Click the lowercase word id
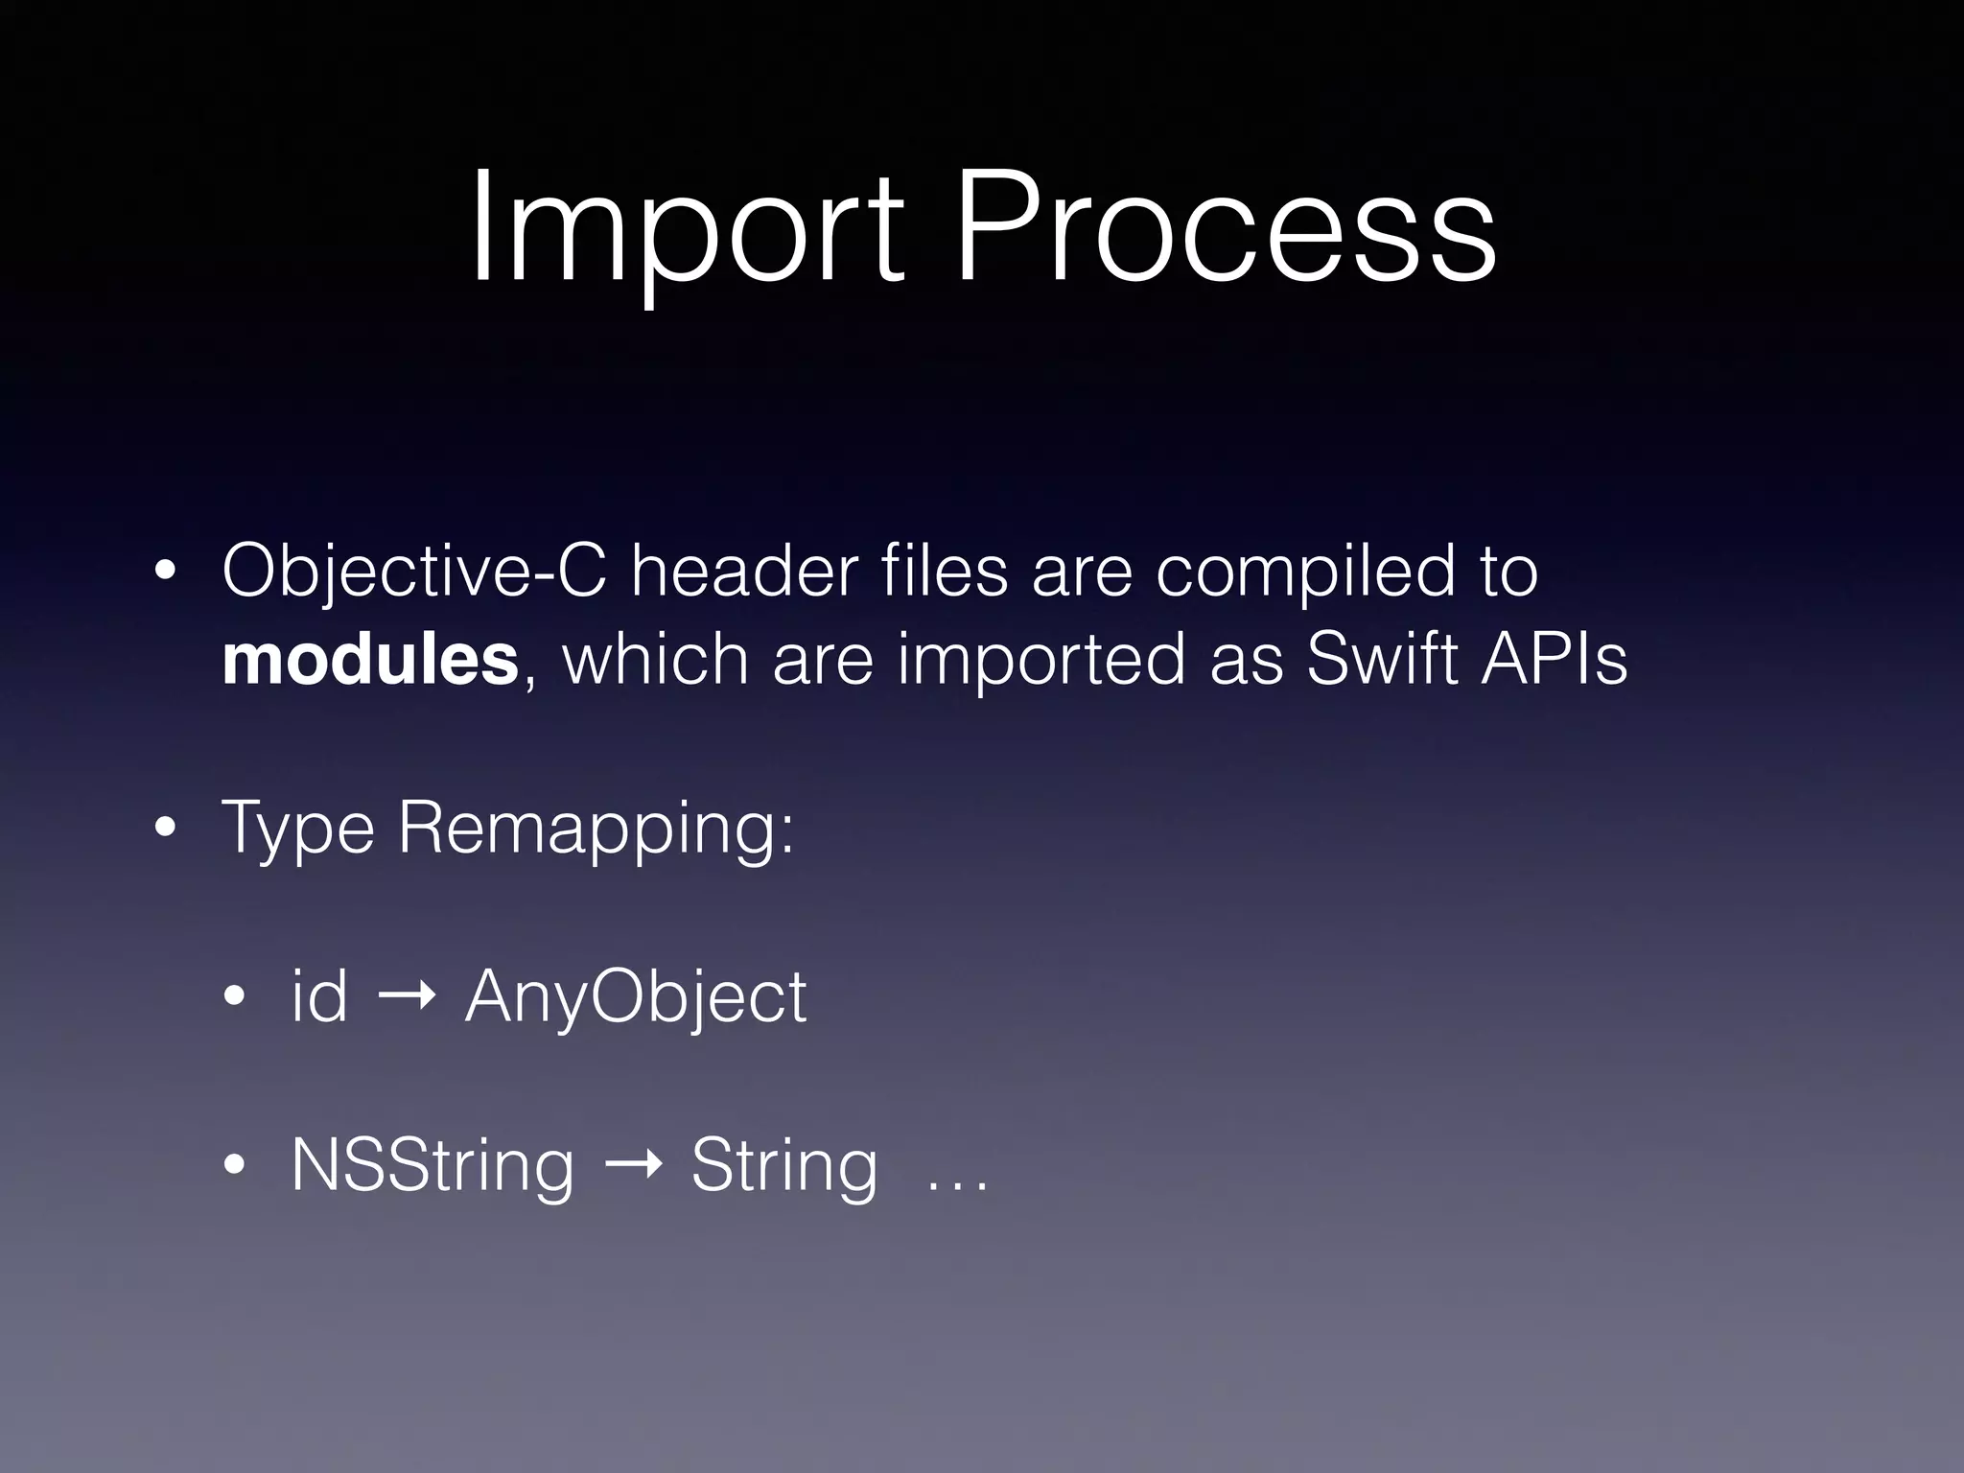[x=319, y=997]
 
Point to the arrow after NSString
[x=634, y=1167]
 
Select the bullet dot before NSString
[x=234, y=1166]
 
